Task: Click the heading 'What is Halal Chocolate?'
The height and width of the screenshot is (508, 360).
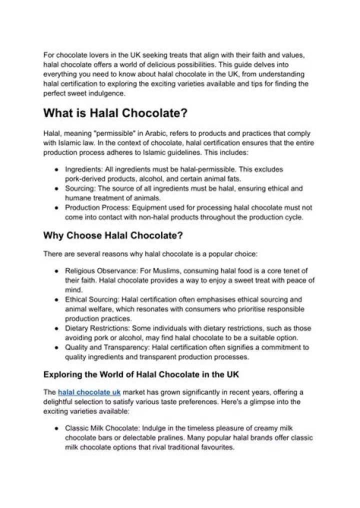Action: click(x=115, y=113)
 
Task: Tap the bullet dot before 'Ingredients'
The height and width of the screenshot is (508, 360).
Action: click(x=57, y=169)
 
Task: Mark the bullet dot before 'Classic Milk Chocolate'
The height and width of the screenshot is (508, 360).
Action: click(x=57, y=428)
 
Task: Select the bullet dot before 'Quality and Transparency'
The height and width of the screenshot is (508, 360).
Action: click(x=57, y=347)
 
